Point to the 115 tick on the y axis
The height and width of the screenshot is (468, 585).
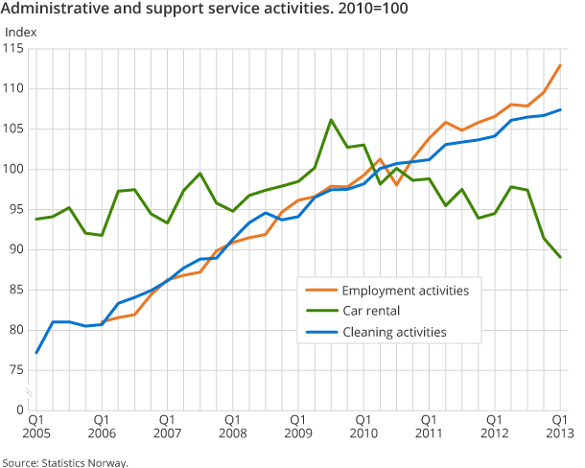click(x=15, y=48)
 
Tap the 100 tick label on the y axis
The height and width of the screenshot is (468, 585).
click(x=15, y=169)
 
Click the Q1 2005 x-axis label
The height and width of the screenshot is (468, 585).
click(x=35, y=427)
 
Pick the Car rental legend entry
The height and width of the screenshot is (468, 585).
click(x=378, y=311)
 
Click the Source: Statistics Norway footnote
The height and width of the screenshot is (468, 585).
click(x=64, y=462)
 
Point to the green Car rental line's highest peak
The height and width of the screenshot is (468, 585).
click(x=331, y=120)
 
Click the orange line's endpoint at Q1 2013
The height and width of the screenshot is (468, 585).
click(x=560, y=65)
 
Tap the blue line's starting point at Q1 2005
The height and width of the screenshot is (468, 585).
click(x=36, y=353)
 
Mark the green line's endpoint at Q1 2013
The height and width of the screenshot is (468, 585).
click(x=560, y=257)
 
